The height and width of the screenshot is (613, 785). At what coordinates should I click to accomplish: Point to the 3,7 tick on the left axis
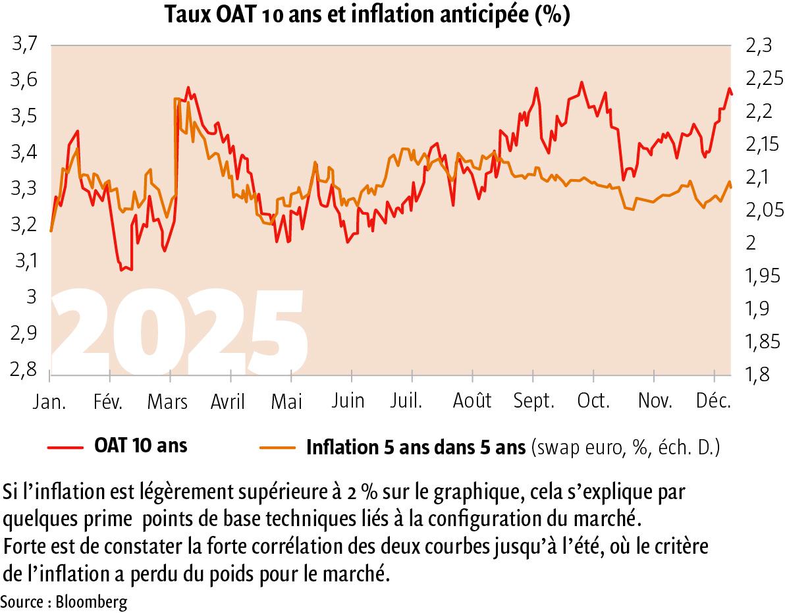(x=23, y=46)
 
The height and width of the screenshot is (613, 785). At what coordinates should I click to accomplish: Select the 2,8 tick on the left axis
(x=23, y=371)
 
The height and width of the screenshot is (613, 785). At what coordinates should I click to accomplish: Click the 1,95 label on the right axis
(x=762, y=276)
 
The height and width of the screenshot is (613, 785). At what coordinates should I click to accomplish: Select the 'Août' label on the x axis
(x=472, y=401)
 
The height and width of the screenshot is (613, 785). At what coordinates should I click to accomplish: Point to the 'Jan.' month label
(x=50, y=401)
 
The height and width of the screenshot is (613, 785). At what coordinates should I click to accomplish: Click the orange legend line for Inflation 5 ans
(x=278, y=448)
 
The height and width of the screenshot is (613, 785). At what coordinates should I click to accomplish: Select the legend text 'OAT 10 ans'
(x=140, y=446)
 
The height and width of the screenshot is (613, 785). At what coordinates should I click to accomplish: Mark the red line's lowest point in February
(x=122, y=270)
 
